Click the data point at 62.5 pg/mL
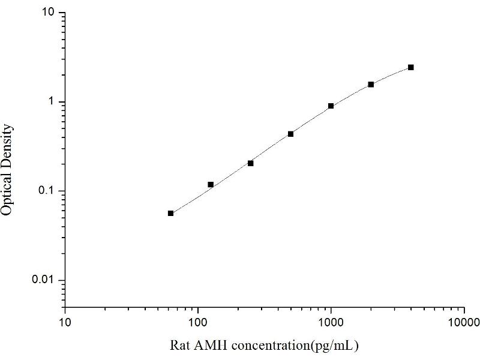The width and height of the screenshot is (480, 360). pos(170,213)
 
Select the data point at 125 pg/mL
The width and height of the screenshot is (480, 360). pos(211,184)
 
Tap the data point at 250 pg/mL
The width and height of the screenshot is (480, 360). pos(251,163)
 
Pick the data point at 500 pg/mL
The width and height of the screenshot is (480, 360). pos(291,134)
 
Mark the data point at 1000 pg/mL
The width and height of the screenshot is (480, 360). pos(331,106)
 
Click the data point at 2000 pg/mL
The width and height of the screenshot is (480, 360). pos(371,85)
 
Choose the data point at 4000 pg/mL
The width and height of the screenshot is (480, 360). pos(411,67)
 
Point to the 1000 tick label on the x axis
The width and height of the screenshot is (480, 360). pos(331,322)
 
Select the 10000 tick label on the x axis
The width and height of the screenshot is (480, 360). pos(463,322)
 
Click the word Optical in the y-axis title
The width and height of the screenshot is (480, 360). pos(8,193)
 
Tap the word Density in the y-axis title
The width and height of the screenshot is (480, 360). pos(8,145)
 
